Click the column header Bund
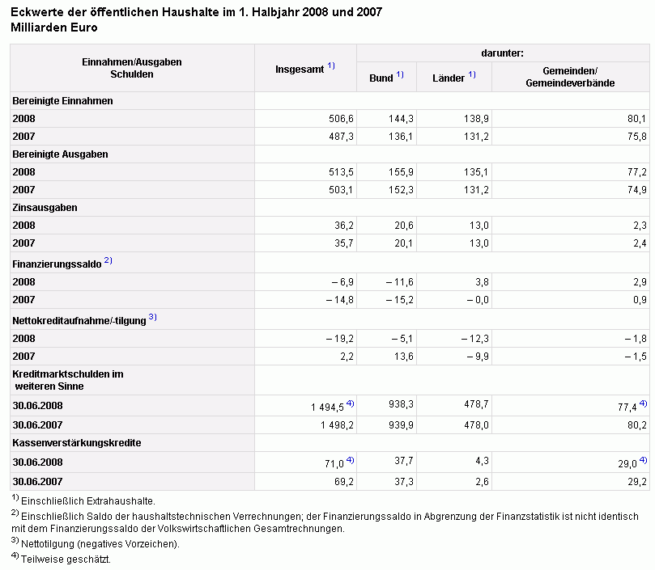(381, 78)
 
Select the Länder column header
(449, 78)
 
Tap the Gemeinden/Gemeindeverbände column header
(570, 77)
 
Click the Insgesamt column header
(300, 70)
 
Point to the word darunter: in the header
(502, 53)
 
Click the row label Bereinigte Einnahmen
(62, 101)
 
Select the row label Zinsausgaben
(45, 208)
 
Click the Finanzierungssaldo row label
(57, 264)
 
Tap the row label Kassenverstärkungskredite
(77, 443)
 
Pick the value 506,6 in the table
(341, 119)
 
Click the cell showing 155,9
(401, 172)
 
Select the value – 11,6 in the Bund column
(399, 282)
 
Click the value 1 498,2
(337, 425)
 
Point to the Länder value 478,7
(476, 404)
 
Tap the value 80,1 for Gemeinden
(636, 119)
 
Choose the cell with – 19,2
(339, 339)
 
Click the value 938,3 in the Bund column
(401, 404)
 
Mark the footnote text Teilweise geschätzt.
(66, 559)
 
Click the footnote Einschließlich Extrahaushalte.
(88, 500)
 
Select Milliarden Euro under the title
(54, 27)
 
